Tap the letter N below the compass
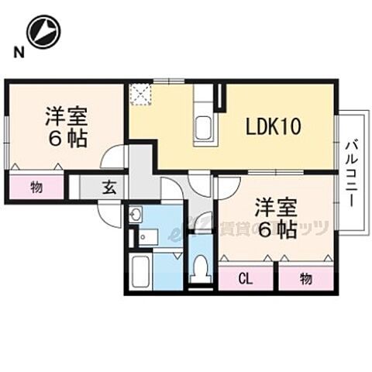click(16, 53)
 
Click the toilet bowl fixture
click(201, 269)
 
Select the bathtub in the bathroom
click(140, 271)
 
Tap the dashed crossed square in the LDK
click(139, 94)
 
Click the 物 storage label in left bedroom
click(36, 187)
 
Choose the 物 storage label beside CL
click(306, 277)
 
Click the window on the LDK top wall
click(168, 81)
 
